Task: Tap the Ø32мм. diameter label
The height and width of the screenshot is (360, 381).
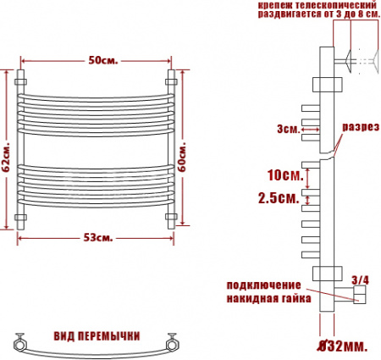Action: point(343,346)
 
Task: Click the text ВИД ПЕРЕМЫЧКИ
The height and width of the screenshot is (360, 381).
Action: point(96,335)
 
